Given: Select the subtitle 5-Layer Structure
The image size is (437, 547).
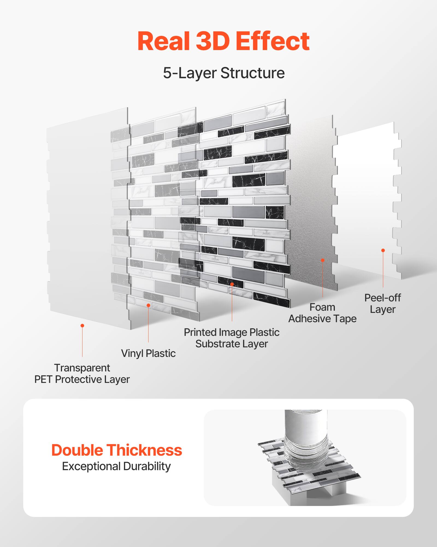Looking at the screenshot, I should [x=224, y=73].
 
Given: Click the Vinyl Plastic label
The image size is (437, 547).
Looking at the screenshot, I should [x=148, y=353].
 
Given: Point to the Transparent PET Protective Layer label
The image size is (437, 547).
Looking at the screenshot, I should [x=82, y=374].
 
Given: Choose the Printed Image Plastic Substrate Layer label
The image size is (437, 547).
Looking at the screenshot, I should [x=232, y=338].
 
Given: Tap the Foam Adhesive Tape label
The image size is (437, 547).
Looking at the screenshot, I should [x=322, y=313].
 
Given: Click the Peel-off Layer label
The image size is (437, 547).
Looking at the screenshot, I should [x=382, y=303].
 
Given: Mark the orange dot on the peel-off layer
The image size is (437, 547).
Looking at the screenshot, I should [x=383, y=250].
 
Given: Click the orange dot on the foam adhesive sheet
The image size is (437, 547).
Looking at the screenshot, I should [x=323, y=260].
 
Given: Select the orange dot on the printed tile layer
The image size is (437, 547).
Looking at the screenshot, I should [x=232, y=284].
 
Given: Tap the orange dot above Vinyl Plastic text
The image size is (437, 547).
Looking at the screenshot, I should [x=148, y=305].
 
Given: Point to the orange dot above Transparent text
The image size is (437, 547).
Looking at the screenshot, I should [x=82, y=325].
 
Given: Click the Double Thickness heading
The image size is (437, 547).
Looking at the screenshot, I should [x=117, y=450].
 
